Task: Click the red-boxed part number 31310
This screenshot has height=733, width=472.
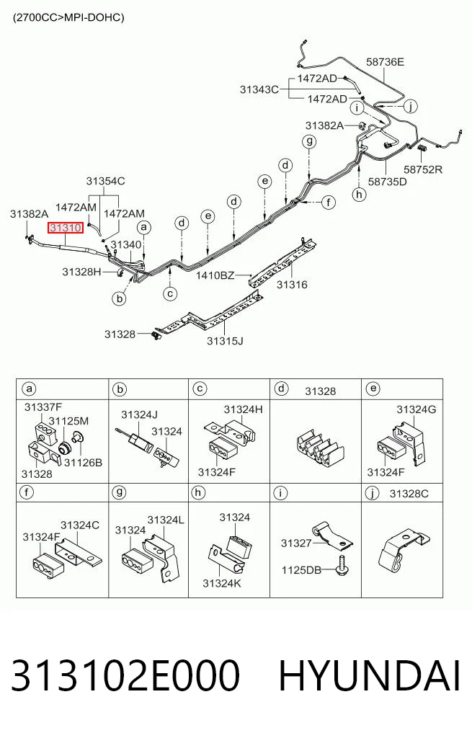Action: [66, 228]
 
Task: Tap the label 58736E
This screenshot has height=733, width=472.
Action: [385, 62]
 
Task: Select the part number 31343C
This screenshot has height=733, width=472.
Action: [259, 89]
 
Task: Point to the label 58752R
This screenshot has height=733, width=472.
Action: [423, 169]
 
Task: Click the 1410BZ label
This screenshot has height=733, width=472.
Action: [215, 275]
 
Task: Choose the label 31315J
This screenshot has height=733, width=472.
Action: [226, 341]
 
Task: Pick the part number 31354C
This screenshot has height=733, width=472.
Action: [106, 181]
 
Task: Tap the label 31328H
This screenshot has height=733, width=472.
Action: [81, 272]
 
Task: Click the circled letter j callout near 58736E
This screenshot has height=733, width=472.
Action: [410, 107]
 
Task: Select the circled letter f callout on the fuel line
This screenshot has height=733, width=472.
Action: [329, 203]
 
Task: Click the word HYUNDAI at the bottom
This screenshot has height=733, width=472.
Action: [370, 675]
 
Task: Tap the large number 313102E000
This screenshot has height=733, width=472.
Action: [125, 675]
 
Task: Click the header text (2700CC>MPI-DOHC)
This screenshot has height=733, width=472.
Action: [68, 18]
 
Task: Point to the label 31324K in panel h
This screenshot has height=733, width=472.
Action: [222, 583]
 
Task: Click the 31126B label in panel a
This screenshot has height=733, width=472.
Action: [83, 462]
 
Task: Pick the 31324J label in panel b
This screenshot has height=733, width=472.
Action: [139, 414]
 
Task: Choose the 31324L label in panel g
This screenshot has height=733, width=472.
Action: [166, 520]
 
